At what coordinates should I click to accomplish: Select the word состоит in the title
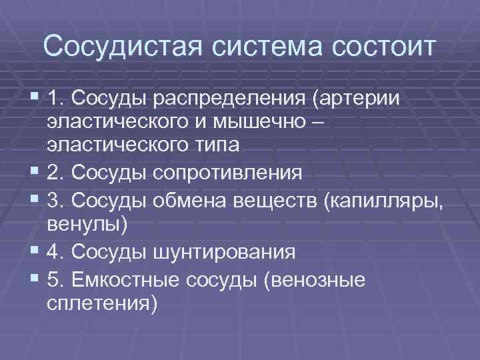click(377, 47)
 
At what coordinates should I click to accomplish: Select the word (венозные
click(314, 279)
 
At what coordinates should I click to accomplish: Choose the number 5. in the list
click(56, 279)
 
